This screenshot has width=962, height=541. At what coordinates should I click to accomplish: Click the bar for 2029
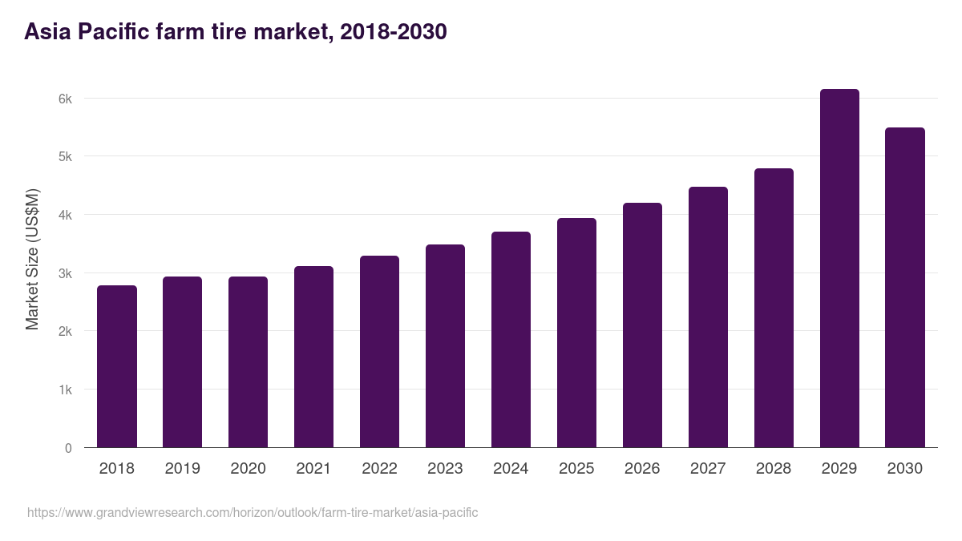(839, 268)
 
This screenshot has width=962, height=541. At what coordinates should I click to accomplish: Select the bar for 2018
(117, 366)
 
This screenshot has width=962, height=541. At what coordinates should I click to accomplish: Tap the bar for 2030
(905, 288)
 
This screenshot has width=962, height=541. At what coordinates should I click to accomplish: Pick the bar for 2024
(511, 340)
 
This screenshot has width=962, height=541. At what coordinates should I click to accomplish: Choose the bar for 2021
(313, 357)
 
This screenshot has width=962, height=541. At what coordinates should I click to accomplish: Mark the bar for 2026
(642, 325)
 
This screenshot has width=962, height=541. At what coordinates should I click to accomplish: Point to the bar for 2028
(774, 308)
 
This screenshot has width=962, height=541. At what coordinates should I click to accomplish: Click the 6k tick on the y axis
(64, 99)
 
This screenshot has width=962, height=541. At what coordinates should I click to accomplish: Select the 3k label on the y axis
(64, 273)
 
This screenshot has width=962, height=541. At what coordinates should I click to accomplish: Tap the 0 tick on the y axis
(68, 448)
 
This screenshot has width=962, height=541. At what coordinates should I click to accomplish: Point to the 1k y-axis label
(64, 390)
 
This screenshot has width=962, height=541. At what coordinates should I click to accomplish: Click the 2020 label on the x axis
(248, 469)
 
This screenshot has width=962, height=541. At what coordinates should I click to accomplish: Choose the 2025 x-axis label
(576, 469)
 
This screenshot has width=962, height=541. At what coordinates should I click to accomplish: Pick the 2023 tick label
(445, 469)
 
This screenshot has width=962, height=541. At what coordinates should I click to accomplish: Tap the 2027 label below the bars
(708, 469)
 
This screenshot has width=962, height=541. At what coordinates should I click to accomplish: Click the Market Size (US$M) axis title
(32, 259)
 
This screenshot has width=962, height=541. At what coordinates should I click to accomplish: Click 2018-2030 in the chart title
(393, 32)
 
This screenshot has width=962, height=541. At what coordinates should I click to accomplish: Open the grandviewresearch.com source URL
(253, 512)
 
